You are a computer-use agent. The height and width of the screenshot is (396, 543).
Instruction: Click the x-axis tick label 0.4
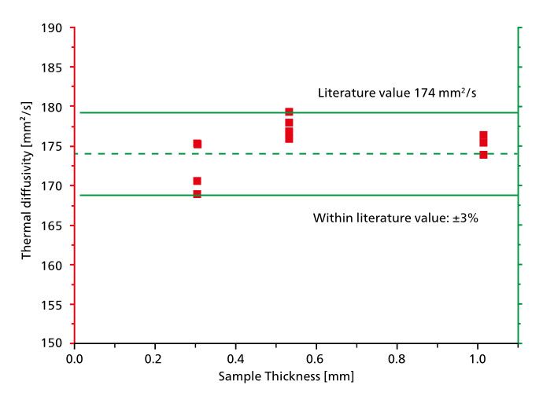tap(235, 358)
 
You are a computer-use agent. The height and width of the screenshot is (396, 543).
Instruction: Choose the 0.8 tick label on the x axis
tap(397, 358)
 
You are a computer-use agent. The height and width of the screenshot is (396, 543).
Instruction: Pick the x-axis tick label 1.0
tap(477, 358)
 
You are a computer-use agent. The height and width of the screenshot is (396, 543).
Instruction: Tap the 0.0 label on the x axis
tap(75, 358)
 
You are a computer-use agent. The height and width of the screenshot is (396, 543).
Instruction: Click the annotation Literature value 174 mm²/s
tap(397, 93)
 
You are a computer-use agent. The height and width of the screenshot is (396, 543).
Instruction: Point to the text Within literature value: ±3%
tap(396, 218)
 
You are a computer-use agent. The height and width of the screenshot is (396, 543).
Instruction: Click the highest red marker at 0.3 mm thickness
tap(197, 144)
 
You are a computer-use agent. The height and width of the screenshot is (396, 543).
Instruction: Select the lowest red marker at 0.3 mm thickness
tap(197, 193)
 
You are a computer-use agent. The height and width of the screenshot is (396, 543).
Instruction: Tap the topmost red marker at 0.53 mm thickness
tap(289, 112)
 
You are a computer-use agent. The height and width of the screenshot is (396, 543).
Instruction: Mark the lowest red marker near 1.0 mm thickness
tap(483, 154)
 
